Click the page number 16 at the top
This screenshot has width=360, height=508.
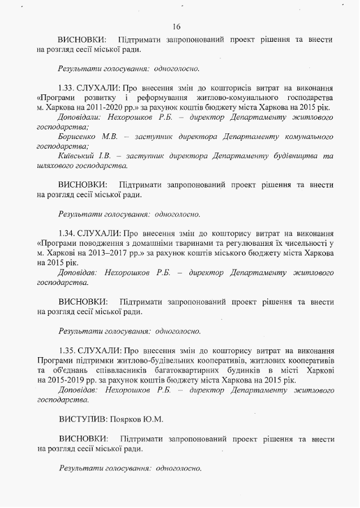click(x=176, y=27)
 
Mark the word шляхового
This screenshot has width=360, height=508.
click(x=54, y=166)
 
